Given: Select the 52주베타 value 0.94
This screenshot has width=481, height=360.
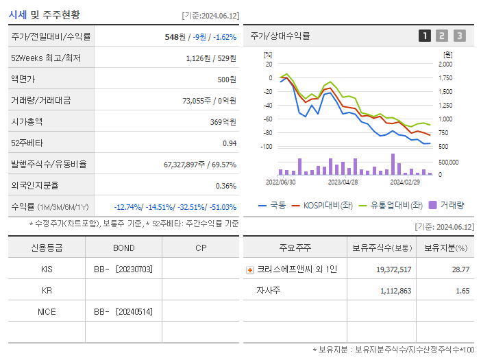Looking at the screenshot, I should [x=229, y=143].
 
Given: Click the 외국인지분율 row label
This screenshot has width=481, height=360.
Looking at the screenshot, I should [x=35, y=186].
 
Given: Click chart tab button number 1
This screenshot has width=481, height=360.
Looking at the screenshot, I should [x=425, y=36].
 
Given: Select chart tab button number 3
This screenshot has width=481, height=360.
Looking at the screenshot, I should [x=459, y=36].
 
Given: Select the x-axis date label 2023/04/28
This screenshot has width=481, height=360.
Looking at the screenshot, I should [x=343, y=182].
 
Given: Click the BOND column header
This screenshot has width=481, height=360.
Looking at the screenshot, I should [x=124, y=248].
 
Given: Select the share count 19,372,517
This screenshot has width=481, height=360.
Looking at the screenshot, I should [x=393, y=269].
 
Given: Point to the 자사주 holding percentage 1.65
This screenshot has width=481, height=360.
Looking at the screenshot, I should [x=462, y=291].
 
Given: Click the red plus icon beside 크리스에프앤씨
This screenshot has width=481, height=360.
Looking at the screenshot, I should [x=250, y=270].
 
